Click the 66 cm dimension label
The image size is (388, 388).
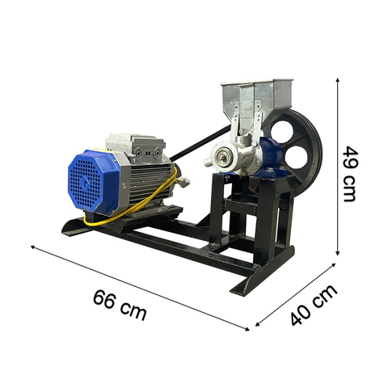(120, 306)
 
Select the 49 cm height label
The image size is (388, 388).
(350, 173)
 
